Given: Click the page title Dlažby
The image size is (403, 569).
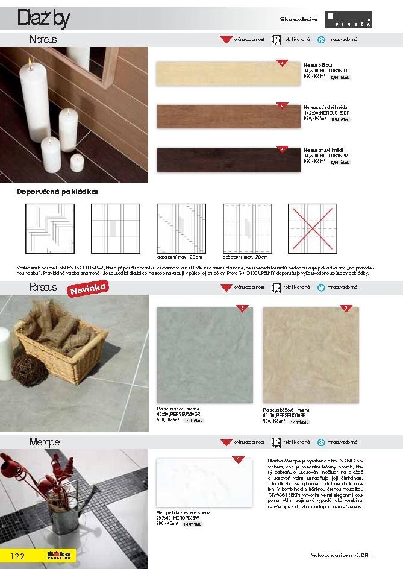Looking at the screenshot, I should (42, 19).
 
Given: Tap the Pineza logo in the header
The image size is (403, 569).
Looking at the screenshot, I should (348, 19).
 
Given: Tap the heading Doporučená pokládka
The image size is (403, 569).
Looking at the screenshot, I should (57, 192).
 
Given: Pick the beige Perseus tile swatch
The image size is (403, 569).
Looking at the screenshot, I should (311, 354).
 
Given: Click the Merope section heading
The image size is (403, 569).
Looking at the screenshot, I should (45, 442).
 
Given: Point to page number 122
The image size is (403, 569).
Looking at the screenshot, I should (17, 556).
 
